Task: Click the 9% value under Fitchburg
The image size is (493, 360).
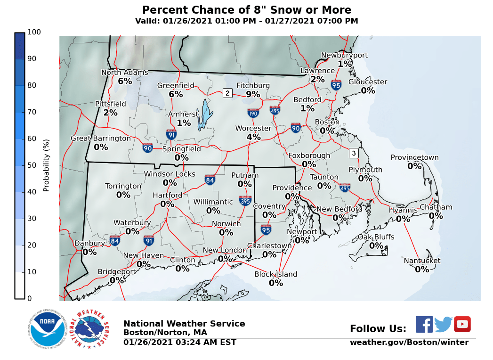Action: pyautogui.click(x=253, y=94)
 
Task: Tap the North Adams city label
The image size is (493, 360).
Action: pyautogui.click(x=125, y=73)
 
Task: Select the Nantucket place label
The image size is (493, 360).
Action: pyautogui.click(x=422, y=261)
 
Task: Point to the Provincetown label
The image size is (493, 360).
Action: pyautogui.click(x=414, y=158)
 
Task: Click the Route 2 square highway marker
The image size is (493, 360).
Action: pyautogui.click(x=227, y=93)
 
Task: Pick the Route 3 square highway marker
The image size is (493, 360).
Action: pyautogui.click(x=354, y=153)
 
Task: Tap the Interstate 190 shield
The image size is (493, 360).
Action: pyautogui.click(x=253, y=113)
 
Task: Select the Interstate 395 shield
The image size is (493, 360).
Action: pyautogui.click(x=245, y=201)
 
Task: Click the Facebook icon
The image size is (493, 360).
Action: pyautogui.click(x=424, y=324)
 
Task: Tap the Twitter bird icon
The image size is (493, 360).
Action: pyautogui.click(x=443, y=324)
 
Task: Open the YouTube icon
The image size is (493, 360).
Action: pyautogui.click(x=462, y=324)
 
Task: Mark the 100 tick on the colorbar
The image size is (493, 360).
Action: pyautogui.click(x=34, y=32)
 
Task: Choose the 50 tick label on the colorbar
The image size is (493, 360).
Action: pyautogui.click(x=34, y=165)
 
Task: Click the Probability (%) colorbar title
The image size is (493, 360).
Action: pyautogui.click(x=46, y=165)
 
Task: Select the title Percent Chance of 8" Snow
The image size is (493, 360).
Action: pyautogui.click(x=246, y=10)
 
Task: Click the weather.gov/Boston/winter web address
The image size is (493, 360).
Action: pyautogui.click(x=409, y=343)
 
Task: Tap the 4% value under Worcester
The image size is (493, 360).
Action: pyautogui.click(x=253, y=137)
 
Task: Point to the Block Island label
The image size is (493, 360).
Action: pyautogui.click(x=275, y=274)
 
